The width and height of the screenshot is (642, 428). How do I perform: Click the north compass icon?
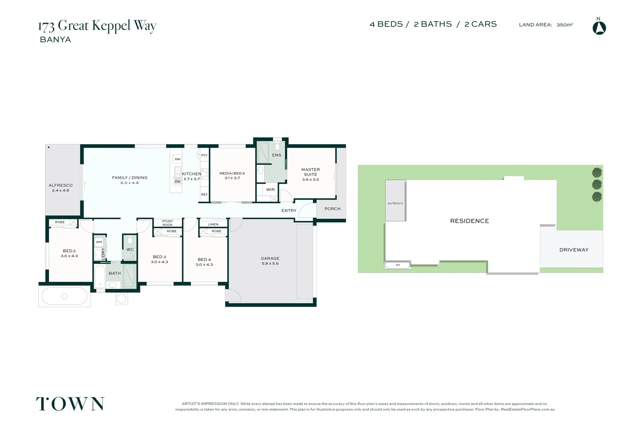click(x=599, y=28)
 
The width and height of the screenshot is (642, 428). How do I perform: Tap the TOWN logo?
click(x=70, y=404)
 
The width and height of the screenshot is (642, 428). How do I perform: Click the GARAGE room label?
click(x=270, y=258)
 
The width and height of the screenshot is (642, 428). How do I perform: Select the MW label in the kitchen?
click(x=177, y=159)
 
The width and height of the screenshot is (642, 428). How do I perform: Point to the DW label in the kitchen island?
click(x=177, y=182)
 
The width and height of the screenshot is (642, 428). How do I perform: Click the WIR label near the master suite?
click(x=271, y=190)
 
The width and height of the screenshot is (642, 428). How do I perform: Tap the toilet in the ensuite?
click(x=277, y=146)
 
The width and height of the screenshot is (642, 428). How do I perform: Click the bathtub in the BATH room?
click(x=100, y=276)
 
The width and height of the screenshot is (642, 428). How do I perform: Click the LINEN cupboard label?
click(x=213, y=224)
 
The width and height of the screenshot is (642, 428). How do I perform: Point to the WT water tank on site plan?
click(x=398, y=265)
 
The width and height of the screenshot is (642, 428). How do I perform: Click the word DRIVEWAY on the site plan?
click(x=574, y=250)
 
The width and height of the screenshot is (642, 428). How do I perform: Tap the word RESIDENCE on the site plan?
click(x=469, y=221)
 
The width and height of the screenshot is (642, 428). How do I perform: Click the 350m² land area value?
click(x=565, y=25)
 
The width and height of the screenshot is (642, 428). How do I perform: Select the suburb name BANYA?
click(x=55, y=40)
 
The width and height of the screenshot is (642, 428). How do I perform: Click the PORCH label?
click(x=332, y=209)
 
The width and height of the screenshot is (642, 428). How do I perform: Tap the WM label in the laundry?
click(x=99, y=242)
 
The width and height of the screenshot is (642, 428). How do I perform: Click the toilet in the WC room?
click(x=130, y=241)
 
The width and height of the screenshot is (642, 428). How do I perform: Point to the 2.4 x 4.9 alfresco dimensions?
click(x=61, y=191)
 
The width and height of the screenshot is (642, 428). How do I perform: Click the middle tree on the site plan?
click(x=597, y=184)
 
